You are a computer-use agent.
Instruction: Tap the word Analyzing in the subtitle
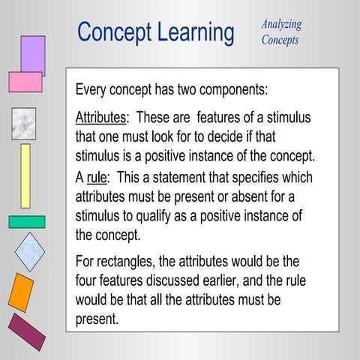pyautogui.click(x=281, y=24)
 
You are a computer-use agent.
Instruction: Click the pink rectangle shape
pyautogui.click(x=25, y=82)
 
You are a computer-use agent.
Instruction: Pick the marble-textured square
pyautogui.click(x=23, y=124)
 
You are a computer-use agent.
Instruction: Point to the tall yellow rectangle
pyautogui.click(x=25, y=175)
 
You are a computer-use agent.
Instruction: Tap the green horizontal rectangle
pyautogui.click(x=26, y=222)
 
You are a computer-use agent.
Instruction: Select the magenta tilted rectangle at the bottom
pyautogui.click(x=26, y=331)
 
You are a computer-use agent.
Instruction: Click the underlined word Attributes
pyautogui.click(x=100, y=118)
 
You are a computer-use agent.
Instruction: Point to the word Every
pyautogui.click(x=93, y=90)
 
